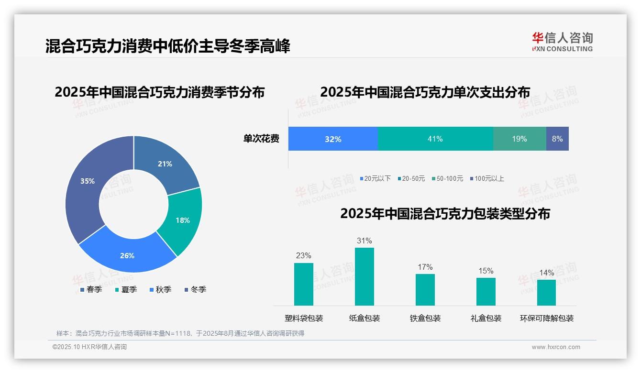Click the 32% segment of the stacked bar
click(x=333, y=139)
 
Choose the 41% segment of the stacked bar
click(x=435, y=139)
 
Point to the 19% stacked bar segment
click(x=519, y=139)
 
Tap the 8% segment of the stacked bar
click(x=557, y=139)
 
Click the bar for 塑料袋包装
click(x=304, y=284)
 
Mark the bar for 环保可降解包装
click(x=546, y=292)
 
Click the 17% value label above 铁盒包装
click(x=425, y=267)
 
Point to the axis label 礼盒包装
click(x=486, y=318)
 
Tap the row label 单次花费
click(x=261, y=139)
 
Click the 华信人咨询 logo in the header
click(x=562, y=42)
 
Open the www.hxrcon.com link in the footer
click(x=556, y=347)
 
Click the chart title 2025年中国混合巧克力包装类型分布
click(x=445, y=214)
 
